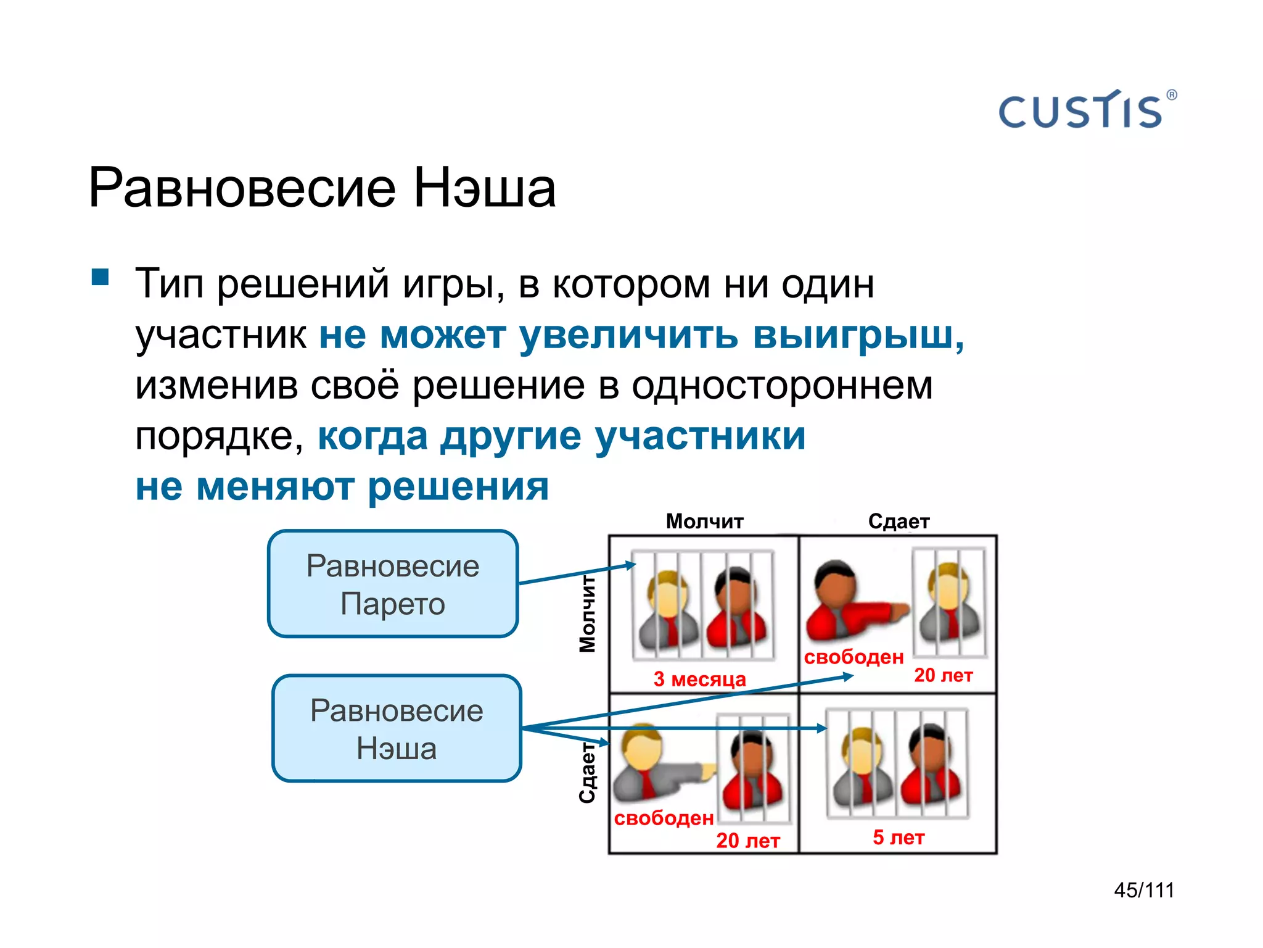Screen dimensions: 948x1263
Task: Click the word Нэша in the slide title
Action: tap(484, 188)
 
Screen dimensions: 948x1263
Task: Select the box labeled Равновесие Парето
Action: tap(393, 584)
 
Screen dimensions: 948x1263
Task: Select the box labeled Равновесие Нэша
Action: tap(397, 729)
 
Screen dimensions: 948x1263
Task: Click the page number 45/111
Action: tap(1144, 890)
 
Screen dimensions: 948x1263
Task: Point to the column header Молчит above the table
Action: tap(704, 522)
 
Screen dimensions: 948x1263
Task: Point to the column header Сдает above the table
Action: tap(899, 522)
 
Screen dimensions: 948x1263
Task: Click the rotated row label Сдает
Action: tap(588, 772)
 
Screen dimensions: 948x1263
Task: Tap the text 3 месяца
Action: tap(699, 679)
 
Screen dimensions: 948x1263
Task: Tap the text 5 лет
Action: tap(898, 838)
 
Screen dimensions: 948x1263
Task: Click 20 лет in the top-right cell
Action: tap(943, 675)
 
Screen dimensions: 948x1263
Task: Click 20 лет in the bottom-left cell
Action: tap(747, 841)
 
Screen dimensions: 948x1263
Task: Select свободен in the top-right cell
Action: tap(854, 657)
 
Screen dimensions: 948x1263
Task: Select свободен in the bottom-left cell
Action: tap(664, 818)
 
